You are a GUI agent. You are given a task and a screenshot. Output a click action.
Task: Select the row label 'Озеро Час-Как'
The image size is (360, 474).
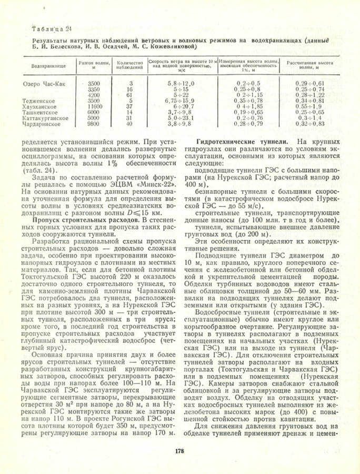[45, 84]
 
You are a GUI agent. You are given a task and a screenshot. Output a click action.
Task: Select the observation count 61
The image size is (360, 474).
[131, 95]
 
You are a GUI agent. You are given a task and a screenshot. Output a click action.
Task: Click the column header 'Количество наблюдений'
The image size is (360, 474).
[131, 65]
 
